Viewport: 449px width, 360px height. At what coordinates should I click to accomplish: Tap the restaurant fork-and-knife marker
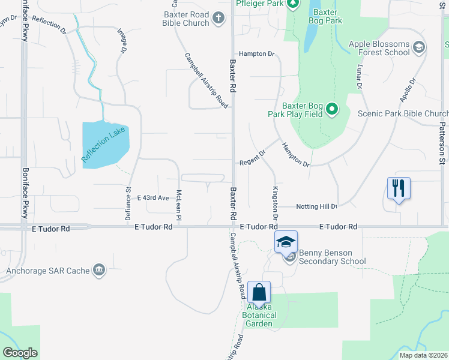tap(399, 188)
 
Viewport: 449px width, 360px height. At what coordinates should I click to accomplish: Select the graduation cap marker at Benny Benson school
tap(286, 242)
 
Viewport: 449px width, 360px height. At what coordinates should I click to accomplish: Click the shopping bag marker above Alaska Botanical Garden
tap(259, 293)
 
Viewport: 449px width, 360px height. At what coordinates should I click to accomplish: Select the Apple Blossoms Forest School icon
tap(418, 47)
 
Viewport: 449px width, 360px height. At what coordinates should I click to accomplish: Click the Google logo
tap(20, 353)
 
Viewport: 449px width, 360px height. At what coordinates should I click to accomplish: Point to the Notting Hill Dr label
tap(317, 206)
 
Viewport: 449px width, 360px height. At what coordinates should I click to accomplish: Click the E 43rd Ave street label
tap(153, 197)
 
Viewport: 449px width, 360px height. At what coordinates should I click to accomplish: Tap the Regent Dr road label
tap(252, 162)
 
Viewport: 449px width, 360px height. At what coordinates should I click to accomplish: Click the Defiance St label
tap(128, 204)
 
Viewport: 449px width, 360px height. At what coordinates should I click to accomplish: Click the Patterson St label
tap(441, 143)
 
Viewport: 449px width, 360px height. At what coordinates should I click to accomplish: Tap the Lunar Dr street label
tap(360, 77)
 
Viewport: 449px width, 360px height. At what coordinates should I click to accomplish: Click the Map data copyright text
tap(423, 355)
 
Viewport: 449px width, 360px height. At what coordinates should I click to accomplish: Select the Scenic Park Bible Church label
tap(403, 113)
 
